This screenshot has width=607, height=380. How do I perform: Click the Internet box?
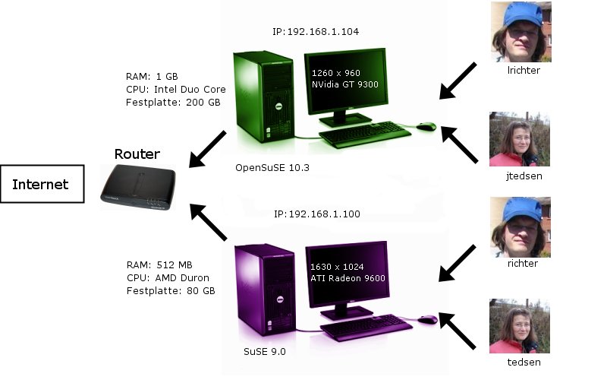pyautogui.click(x=41, y=184)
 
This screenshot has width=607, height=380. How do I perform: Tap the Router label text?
pyautogui.click(x=137, y=154)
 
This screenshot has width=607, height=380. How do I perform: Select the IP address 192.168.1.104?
pyautogui.click(x=315, y=32)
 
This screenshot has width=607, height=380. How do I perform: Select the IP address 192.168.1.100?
pyautogui.click(x=316, y=214)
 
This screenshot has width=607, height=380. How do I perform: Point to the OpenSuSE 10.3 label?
pyautogui.click(x=272, y=167)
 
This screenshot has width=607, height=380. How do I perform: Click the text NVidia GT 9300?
pyautogui.click(x=345, y=84)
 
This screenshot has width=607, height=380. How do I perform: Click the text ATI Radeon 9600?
pyautogui.click(x=348, y=278)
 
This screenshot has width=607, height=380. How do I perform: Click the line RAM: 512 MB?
pyautogui.click(x=159, y=264)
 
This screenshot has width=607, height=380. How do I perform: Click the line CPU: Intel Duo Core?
pyautogui.click(x=176, y=89)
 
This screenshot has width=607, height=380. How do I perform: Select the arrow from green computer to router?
pyautogui.click(x=207, y=149)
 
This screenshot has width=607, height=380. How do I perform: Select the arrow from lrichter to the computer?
pyautogui.click(x=458, y=81)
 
